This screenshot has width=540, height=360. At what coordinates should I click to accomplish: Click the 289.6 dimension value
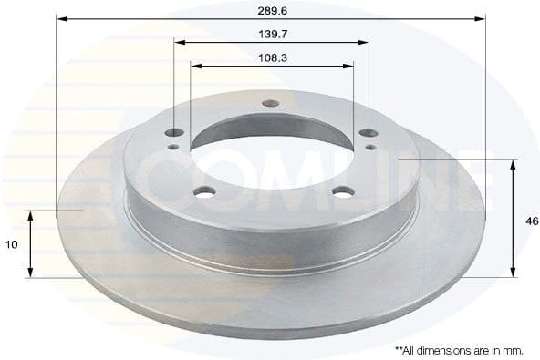pos(272,9)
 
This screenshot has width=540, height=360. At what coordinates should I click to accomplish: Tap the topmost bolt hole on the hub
pos(271,102)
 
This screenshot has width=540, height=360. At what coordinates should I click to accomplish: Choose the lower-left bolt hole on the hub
pos(205,191)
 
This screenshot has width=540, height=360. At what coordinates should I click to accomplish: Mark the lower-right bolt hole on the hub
pos(343,191)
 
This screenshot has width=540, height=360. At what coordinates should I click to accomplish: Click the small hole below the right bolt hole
pos(369,146)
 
